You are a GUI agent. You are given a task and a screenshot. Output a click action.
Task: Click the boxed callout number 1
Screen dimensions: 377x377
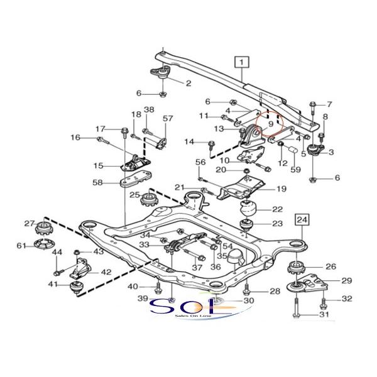click(x=243, y=62)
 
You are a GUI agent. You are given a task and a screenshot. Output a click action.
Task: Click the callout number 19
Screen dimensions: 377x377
click(x=280, y=188)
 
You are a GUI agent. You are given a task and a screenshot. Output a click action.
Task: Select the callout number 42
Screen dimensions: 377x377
click(x=106, y=272)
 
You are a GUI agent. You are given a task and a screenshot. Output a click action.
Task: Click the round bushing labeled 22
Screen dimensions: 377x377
click(x=248, y=209)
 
